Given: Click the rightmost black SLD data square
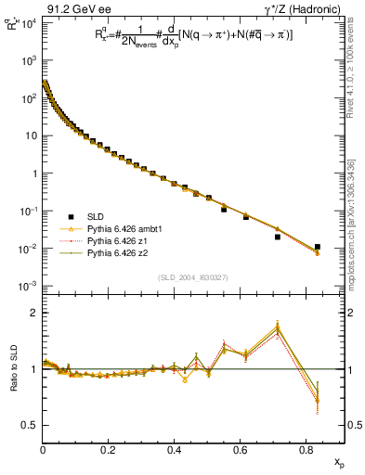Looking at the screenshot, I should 318,248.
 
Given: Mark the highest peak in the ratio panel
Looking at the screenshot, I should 278,327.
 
